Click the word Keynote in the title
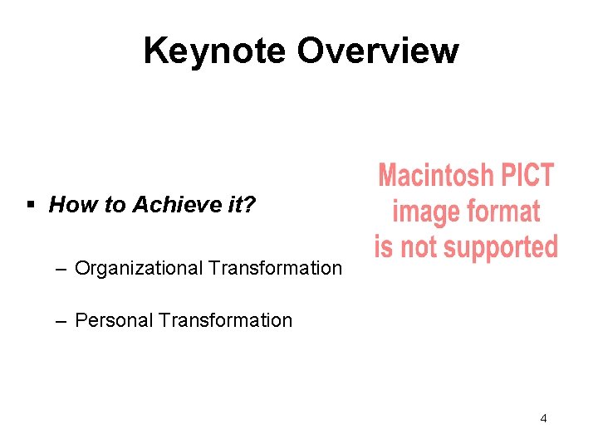215,51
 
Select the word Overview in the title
377,51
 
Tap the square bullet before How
31,205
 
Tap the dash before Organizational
62,268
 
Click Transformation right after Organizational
275,269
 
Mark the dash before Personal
62,320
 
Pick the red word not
418,246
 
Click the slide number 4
543,418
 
